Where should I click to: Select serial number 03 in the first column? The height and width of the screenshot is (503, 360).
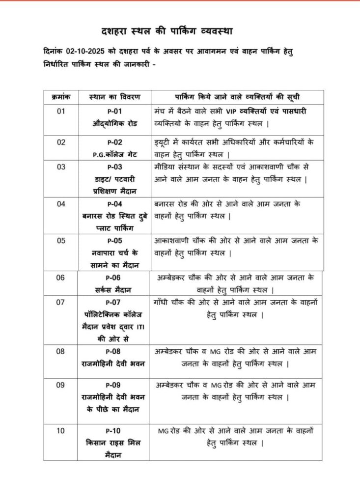pyautogui.click(x=61, y=167)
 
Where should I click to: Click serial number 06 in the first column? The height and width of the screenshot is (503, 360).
pyautogui.click(x=60, y=278)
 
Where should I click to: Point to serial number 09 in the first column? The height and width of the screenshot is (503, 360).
pyautogui.click(x=60, y=385)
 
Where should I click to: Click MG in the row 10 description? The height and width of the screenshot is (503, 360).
pyautogui.click(x=163, y=431)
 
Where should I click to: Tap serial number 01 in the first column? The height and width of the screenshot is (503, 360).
pyautogui.click(x=61, y=112)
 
